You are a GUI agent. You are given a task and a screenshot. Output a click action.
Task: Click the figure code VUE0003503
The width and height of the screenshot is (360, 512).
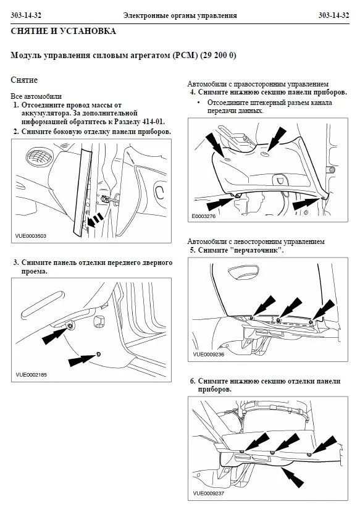31,236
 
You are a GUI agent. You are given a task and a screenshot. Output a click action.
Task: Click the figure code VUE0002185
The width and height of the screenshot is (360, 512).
31,374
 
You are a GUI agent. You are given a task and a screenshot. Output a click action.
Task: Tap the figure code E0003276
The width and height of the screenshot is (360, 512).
204,216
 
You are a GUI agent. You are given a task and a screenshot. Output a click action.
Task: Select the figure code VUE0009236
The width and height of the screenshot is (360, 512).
209,355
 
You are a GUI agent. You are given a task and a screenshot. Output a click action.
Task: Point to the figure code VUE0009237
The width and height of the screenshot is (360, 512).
209,493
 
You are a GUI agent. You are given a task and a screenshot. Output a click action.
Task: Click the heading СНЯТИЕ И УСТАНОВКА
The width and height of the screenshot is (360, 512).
64,31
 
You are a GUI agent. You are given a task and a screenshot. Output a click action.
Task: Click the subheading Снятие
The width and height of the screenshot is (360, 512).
24,80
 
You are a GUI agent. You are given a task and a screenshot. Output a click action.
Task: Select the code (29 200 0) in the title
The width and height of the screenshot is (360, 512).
218,55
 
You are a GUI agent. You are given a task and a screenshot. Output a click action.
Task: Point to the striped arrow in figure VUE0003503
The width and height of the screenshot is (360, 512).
95,220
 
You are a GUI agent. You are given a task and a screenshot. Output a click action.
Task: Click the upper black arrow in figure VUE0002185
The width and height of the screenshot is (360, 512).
54,335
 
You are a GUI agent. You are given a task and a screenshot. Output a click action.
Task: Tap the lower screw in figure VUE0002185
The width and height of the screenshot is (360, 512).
99,355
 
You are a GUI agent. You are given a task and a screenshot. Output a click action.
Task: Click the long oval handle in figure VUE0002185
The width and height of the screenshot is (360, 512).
43,305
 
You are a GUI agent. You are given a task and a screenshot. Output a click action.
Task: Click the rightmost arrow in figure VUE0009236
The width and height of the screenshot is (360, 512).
324,309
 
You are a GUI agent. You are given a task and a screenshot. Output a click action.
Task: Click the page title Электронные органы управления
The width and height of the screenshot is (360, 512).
180,15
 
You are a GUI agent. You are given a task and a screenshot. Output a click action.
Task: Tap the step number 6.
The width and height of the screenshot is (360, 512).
193,381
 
